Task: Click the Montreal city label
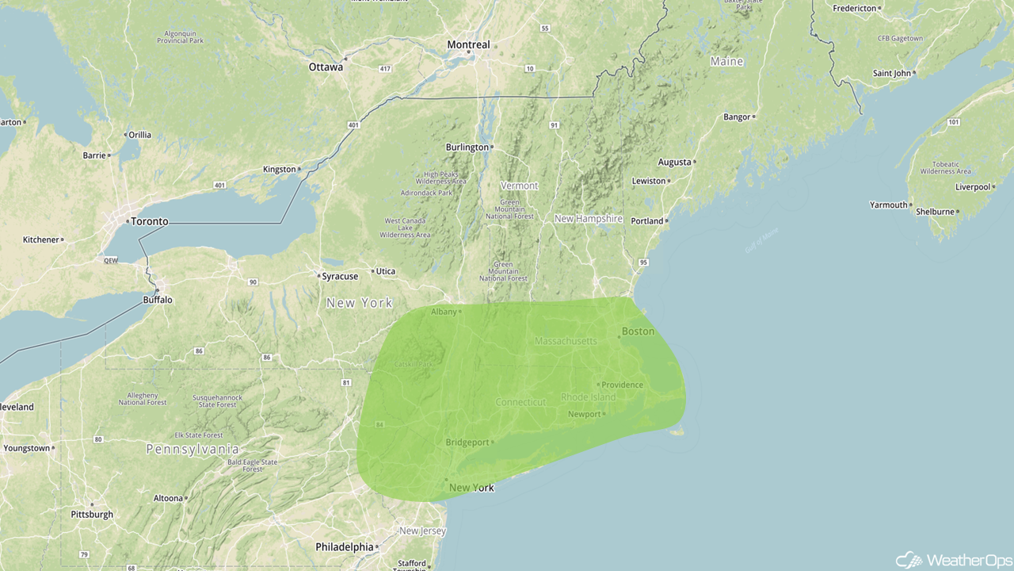click(x=468, y=45)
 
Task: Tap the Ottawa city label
click(x=326, y=67)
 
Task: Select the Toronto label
click(x=150, y=222)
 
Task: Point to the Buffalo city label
click(x=158, y=300)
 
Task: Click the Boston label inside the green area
click(x=638, y=331)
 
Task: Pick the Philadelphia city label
click(x=345, y=547)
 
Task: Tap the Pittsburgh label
click(x=92, y=515)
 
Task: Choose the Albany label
click(x=444, y=312)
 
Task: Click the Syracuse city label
click(x=340, y=277)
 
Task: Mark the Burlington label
click(x=467, y=148)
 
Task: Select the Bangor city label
click(x=737, y=117)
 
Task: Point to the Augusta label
click(x=675, y=163)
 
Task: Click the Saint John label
click(x=892, y=74)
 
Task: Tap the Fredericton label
click(x=855, y=9)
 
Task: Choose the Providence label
click(x=622, y=385)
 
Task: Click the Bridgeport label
click(x=467, y=443)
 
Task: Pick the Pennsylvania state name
click(x=193, y=450)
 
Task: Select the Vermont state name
click(x=519, y=186)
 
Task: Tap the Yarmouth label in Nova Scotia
click(x=889, y=205)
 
